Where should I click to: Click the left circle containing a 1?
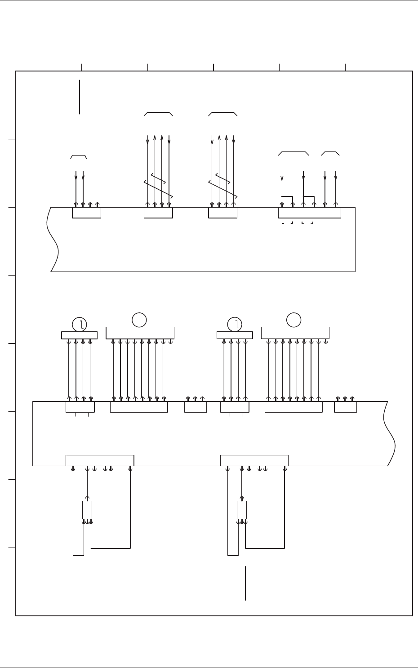pyautogui.click(x=80, y=324)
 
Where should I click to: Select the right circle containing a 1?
pyautogui.click(x=235, y=324)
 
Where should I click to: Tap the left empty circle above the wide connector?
pyautogui.click(x=139, y=320)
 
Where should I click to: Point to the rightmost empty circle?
pyautogui.click(x=294, y=320)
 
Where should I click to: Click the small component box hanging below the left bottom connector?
pyautogui.click(x=87, y=510)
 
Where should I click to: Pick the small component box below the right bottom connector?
pyautogui.click(x=242, y=510)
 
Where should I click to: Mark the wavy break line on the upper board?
pyautogui.click(x=53, y=239)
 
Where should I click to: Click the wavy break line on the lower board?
pyautogui.click(x=389, y=434)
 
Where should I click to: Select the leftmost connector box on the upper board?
pyautogui.click(x=86, y=213)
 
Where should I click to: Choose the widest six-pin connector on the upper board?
pyautogui.click(x=309, y=213)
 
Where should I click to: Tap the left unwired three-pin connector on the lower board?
pyautogui.click(x=196, y=407)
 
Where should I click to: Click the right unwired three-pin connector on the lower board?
pyautogui.click(x=345, y=407)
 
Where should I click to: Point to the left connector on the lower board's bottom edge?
pyautogui.click(x=100, y=460)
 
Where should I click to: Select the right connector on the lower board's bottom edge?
pyautogui.click(x=254, y=460)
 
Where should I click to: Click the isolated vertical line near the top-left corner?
pyautogui.click(x=80, y=97)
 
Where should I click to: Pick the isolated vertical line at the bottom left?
pyautogui.click(x=91, y=583)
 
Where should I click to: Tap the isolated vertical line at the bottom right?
pyautogui.click(x=245, y=583)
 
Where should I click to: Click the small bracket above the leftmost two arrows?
pyautogui.click(x=78, y=156)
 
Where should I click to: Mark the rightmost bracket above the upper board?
pyautogui.click(x=330, y=154)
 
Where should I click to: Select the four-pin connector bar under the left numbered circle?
pyautogui.click(x=79, y=335)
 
